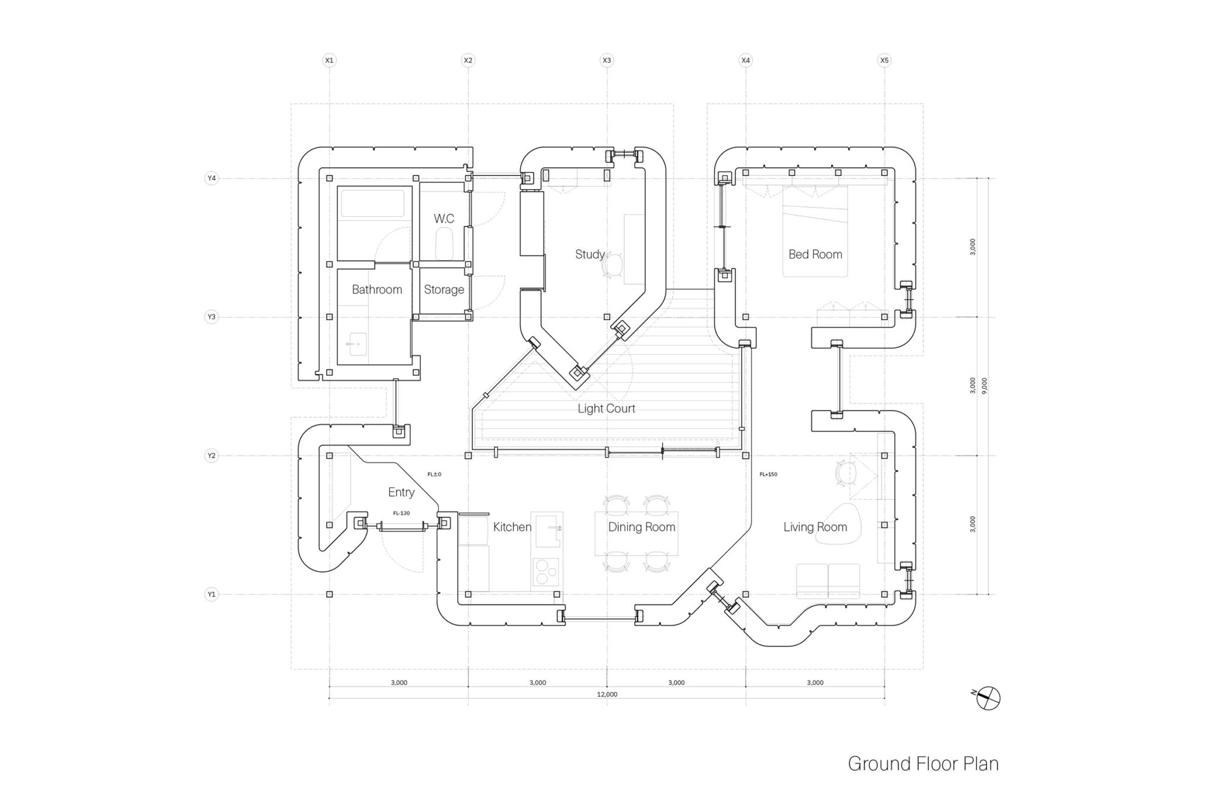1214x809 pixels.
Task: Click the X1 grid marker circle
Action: (330, 60)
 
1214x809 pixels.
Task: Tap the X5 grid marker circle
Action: (884, 60)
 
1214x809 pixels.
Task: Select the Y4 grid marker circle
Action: (211, 178)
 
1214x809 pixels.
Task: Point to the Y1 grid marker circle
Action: (211, 594)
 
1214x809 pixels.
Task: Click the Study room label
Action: (590, 254)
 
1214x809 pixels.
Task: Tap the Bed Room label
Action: (815, 254)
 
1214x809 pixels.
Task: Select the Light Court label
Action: (606, 408)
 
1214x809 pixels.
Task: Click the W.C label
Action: (443, 219)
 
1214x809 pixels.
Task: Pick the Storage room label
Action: (444, 290)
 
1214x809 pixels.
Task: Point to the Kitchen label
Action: (512, 527)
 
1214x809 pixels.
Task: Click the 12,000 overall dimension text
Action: (607, 695)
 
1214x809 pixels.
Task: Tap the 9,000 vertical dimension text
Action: (984, 385)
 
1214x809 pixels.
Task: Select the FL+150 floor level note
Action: (768, 474)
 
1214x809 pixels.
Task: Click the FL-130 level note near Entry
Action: (401, 513)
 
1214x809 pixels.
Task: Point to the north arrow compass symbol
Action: (989, 698)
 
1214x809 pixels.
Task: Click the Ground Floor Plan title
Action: (923, 763)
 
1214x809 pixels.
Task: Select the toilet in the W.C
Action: (444, 245)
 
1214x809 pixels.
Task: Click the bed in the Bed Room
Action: (815, 231)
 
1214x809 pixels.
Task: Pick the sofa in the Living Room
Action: (828, 581)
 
